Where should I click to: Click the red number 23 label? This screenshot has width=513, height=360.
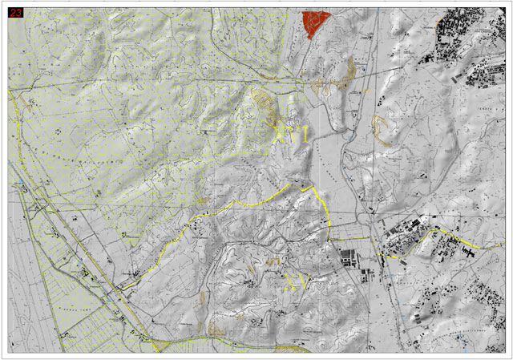click(x=15, y=13)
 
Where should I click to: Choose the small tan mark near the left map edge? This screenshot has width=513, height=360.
click(x=30, y=102)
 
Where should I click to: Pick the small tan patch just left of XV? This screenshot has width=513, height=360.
click(x=273, y=265)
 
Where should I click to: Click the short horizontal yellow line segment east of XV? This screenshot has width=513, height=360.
click(x=349, y=239)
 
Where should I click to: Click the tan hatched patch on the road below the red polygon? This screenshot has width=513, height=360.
click(x=321, y=83)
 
